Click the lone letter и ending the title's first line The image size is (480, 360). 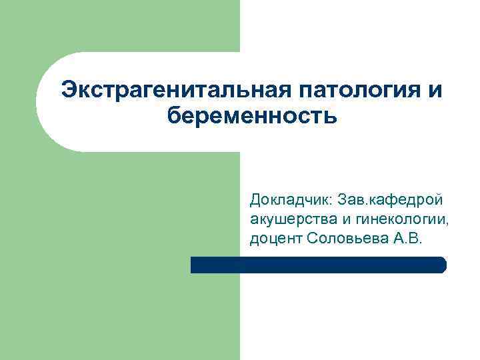click(x=435, y=90)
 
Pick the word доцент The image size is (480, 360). click(x=276, y=238)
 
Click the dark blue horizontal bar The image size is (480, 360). click(x=318, y=265)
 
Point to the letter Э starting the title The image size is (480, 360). click(x=68, y=90)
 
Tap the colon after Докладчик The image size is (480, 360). click(x=331, y=200)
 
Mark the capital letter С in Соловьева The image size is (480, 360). click(x=314, y=238)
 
